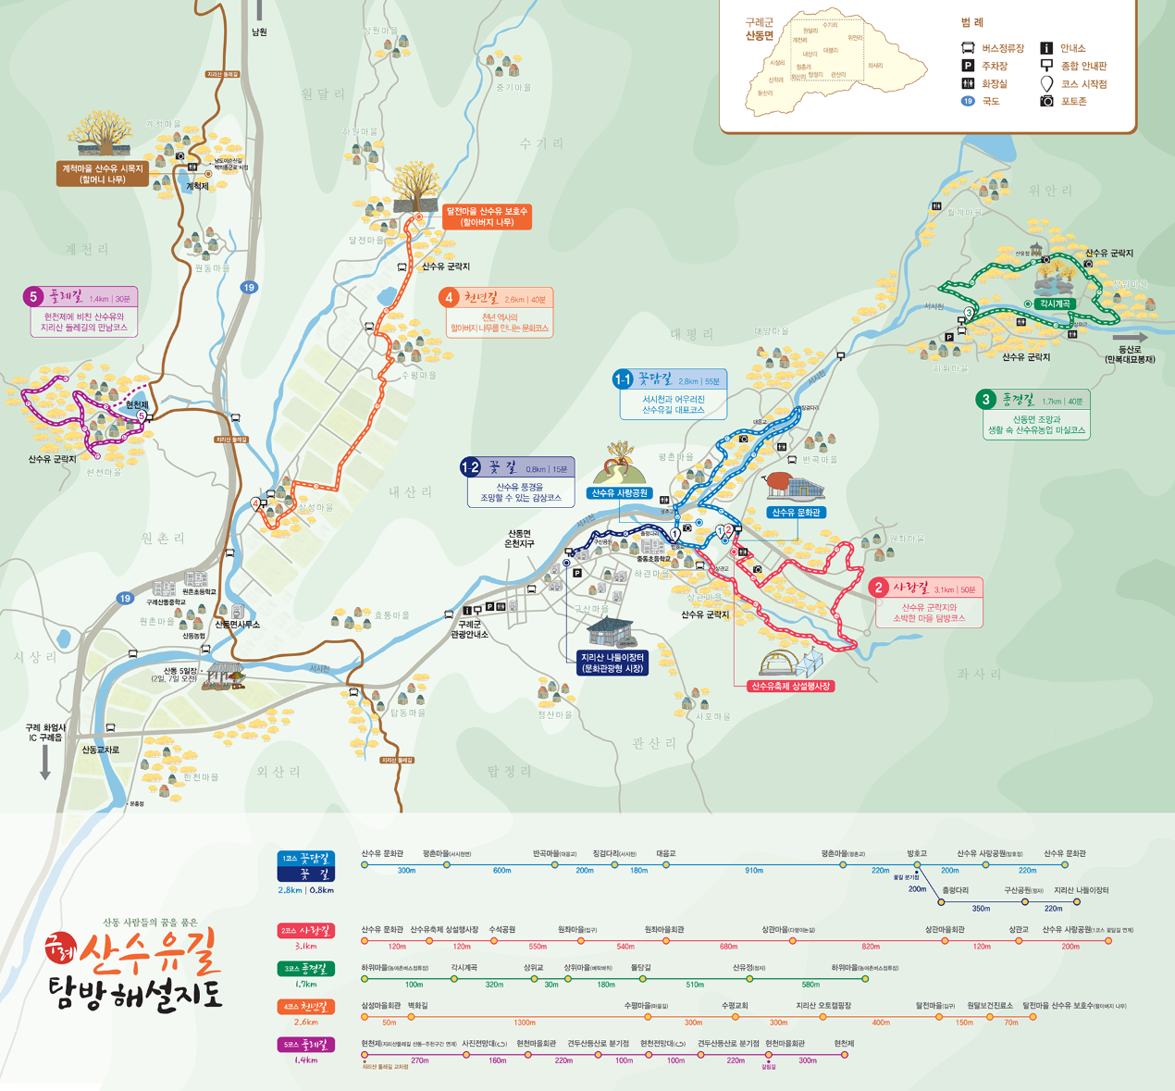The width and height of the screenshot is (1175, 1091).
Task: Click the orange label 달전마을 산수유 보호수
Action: [487, 217]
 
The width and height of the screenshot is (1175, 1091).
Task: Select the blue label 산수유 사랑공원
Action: [620, 493]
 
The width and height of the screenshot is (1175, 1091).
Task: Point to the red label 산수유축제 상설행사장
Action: [791, 687]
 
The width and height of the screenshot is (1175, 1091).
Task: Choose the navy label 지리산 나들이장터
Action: [612, 663]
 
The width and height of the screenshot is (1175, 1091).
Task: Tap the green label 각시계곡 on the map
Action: [1055, 304]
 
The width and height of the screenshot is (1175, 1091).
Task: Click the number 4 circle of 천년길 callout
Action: [450, 298]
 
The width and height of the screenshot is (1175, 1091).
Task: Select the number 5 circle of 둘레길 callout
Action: [33, 297]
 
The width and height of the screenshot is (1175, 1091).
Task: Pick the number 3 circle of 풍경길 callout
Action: [986, 400]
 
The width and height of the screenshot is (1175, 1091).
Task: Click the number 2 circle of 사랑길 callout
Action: [879, 588]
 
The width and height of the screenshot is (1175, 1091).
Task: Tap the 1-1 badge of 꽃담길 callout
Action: [623, 379]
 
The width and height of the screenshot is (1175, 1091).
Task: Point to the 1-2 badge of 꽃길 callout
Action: [471, 467]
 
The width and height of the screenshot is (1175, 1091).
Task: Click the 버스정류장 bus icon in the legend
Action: [968, 48]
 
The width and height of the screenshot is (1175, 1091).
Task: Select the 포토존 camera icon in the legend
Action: [1046, 101]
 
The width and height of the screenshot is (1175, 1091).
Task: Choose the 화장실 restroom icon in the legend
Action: [968, 83]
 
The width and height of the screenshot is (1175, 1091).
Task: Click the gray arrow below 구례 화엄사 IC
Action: [44, 762]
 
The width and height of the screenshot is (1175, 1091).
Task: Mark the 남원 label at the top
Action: [259, 32]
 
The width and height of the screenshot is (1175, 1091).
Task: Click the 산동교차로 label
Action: [100, 750]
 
